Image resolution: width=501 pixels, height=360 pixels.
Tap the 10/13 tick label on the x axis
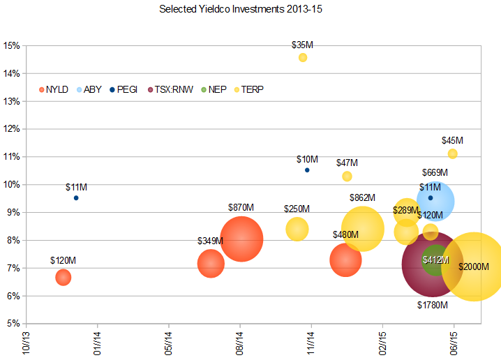click(x=26, y=343)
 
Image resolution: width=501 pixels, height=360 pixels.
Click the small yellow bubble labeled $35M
click(x=303, y=57)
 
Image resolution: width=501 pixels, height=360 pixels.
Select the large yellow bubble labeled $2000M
click(x=474, y=267)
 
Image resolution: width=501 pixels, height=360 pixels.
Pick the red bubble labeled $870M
click(x=241, y=239)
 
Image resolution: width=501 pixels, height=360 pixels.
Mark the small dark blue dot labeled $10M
click(x=307, y=170)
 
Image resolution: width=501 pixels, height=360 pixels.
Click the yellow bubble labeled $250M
click(x=297, y=228)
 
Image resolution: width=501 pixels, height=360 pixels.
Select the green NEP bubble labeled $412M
click(x=435, y=260)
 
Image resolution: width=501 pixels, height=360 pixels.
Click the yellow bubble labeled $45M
click(x=452, y=153)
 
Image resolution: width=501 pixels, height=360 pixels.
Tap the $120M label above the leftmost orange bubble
click(x=63, y=260)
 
